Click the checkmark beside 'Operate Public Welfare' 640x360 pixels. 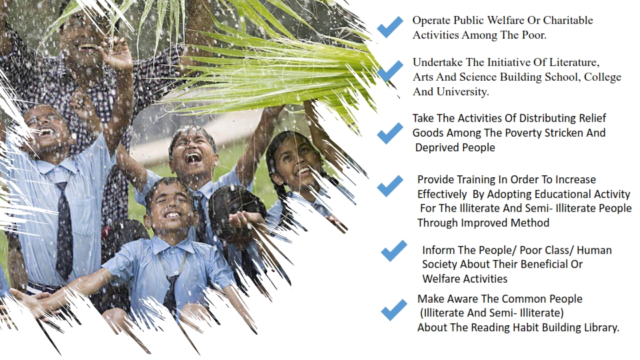(390, 27)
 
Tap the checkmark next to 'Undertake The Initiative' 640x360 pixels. (390, 71)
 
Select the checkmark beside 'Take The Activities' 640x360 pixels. (390, 133)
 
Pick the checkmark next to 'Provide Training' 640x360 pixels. (390, 186)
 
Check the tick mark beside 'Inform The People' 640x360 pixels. (394, 251)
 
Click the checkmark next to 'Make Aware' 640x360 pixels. (394, 310)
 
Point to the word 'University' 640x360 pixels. (463, 91)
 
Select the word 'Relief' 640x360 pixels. (592, 118)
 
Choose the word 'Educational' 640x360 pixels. (564, 194)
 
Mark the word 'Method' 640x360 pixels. (530, 223)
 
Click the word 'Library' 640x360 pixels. (601, 327)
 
